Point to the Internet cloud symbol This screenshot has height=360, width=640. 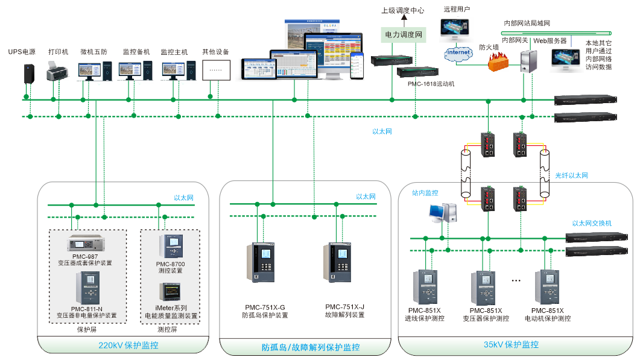pos(458,53)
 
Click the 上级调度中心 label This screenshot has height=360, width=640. pos(402,10)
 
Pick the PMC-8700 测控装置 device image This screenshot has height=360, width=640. pos(170,247)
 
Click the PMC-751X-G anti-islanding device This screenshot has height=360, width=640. pos(261,262)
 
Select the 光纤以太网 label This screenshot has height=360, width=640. pos(571,176)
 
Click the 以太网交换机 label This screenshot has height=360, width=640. pos(588,223)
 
